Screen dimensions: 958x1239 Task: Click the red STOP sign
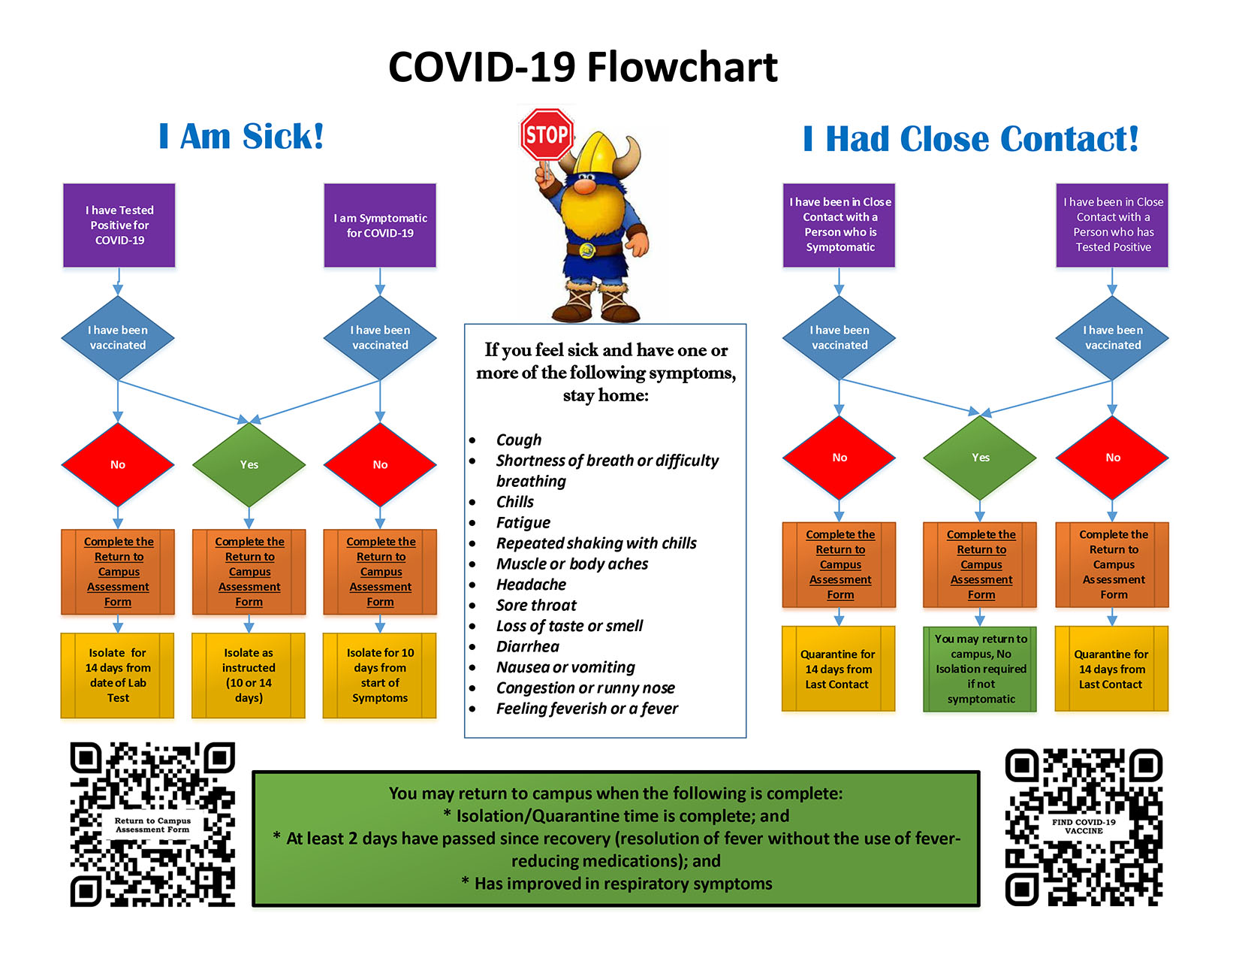tap(547, 134)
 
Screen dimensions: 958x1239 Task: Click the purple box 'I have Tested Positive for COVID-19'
tap(119, 225)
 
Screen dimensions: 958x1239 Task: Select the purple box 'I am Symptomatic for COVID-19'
tap(380, 225)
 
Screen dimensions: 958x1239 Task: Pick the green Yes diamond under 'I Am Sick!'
tap(249, 465)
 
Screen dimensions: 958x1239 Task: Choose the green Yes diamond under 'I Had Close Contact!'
tap(981, 458)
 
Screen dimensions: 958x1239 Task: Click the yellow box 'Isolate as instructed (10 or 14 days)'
tap(249, 675)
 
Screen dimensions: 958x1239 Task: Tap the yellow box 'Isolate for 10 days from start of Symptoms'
tap(380, 675)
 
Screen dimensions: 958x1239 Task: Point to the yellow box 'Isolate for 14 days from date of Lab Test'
tap(118, 675)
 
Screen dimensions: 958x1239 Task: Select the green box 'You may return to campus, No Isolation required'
tap(981, 669)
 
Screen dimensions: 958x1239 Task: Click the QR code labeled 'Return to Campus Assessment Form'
tap(152, 825)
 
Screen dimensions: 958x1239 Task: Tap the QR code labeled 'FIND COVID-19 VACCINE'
tap(1084, 827)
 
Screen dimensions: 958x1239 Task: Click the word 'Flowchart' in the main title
tap(682, 68)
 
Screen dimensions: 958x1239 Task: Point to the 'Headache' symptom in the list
tap(531, 585)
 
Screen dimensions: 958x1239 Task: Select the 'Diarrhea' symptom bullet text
tap(527, 647)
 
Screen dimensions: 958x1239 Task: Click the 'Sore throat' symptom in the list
tap(536, 606)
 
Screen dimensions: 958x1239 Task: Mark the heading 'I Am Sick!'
tap(241, 137)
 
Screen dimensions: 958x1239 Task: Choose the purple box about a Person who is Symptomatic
tap(840, 225)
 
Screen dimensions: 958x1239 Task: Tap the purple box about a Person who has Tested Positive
tap(1112, 225)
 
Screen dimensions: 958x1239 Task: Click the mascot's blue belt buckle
tap(588, 250)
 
